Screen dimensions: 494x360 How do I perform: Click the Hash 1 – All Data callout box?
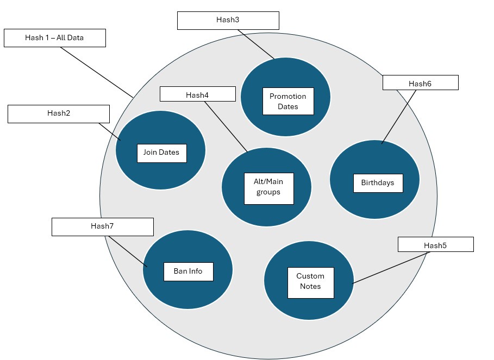55,38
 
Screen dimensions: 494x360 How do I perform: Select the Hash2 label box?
59,114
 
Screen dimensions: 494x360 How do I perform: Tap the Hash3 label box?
228,21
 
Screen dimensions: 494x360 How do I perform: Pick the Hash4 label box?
197,94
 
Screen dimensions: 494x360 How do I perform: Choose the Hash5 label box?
436,244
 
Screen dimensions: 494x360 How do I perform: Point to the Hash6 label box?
420,83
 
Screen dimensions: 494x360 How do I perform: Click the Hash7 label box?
103,227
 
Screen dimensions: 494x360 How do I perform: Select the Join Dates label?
161,153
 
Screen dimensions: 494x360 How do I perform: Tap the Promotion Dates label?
288,102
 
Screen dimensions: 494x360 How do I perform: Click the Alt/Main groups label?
269,188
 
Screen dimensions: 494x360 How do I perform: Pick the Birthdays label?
378,183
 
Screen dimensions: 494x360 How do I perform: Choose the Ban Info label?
189,271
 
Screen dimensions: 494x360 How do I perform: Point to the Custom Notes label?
311,282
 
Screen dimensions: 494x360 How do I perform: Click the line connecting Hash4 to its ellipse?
226,127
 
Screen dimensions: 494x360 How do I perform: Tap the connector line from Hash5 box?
391,268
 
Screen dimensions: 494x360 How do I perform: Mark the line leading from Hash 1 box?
97,72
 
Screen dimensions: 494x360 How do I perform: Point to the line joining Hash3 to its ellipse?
256,45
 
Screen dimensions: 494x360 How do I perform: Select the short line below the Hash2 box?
110,132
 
